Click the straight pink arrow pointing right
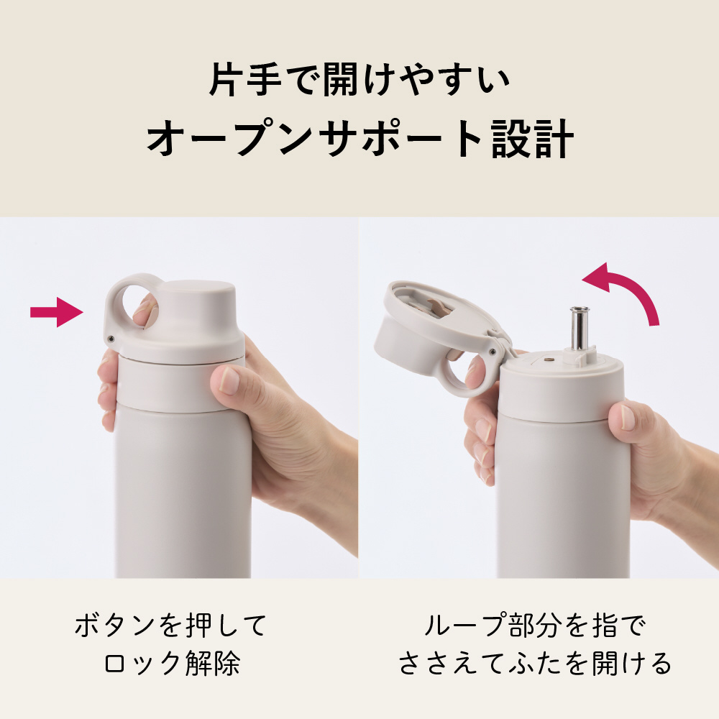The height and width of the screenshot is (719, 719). coord(57,312)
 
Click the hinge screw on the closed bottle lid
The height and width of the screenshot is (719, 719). coord(111,339)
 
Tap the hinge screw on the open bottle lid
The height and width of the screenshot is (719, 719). coord(493,352)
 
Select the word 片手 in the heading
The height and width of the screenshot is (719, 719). coord(245,81)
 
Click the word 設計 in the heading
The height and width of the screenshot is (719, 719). coord(532,139)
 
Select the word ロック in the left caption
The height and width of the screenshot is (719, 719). coord(142,663)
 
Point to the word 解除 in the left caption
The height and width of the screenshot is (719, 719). coord(213,663)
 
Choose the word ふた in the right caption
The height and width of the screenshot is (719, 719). coord(535,663)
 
